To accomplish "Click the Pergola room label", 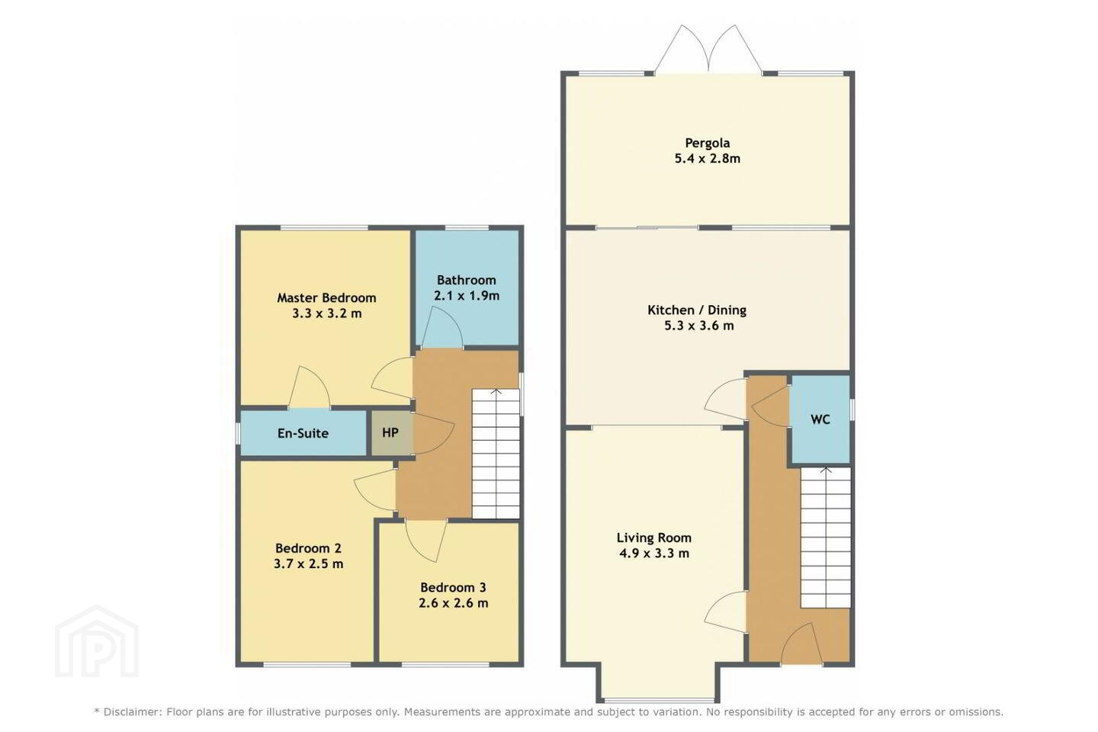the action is [708, 143].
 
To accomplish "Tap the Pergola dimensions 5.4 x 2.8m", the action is [708, 159].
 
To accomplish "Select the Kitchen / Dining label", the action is [697, 310].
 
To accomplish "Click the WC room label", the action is [820, 419].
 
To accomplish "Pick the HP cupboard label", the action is [390, 433].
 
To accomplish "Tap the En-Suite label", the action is [303, 433].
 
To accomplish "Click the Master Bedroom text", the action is [326, 298].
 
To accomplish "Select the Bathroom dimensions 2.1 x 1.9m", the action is [467, 296].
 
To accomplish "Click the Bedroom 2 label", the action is [308, 548].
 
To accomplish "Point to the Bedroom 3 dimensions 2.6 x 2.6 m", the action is [454, 603].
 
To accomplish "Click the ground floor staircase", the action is [826, 538].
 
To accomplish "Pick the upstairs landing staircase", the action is [496, 454].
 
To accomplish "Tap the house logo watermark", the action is [97, 642].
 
